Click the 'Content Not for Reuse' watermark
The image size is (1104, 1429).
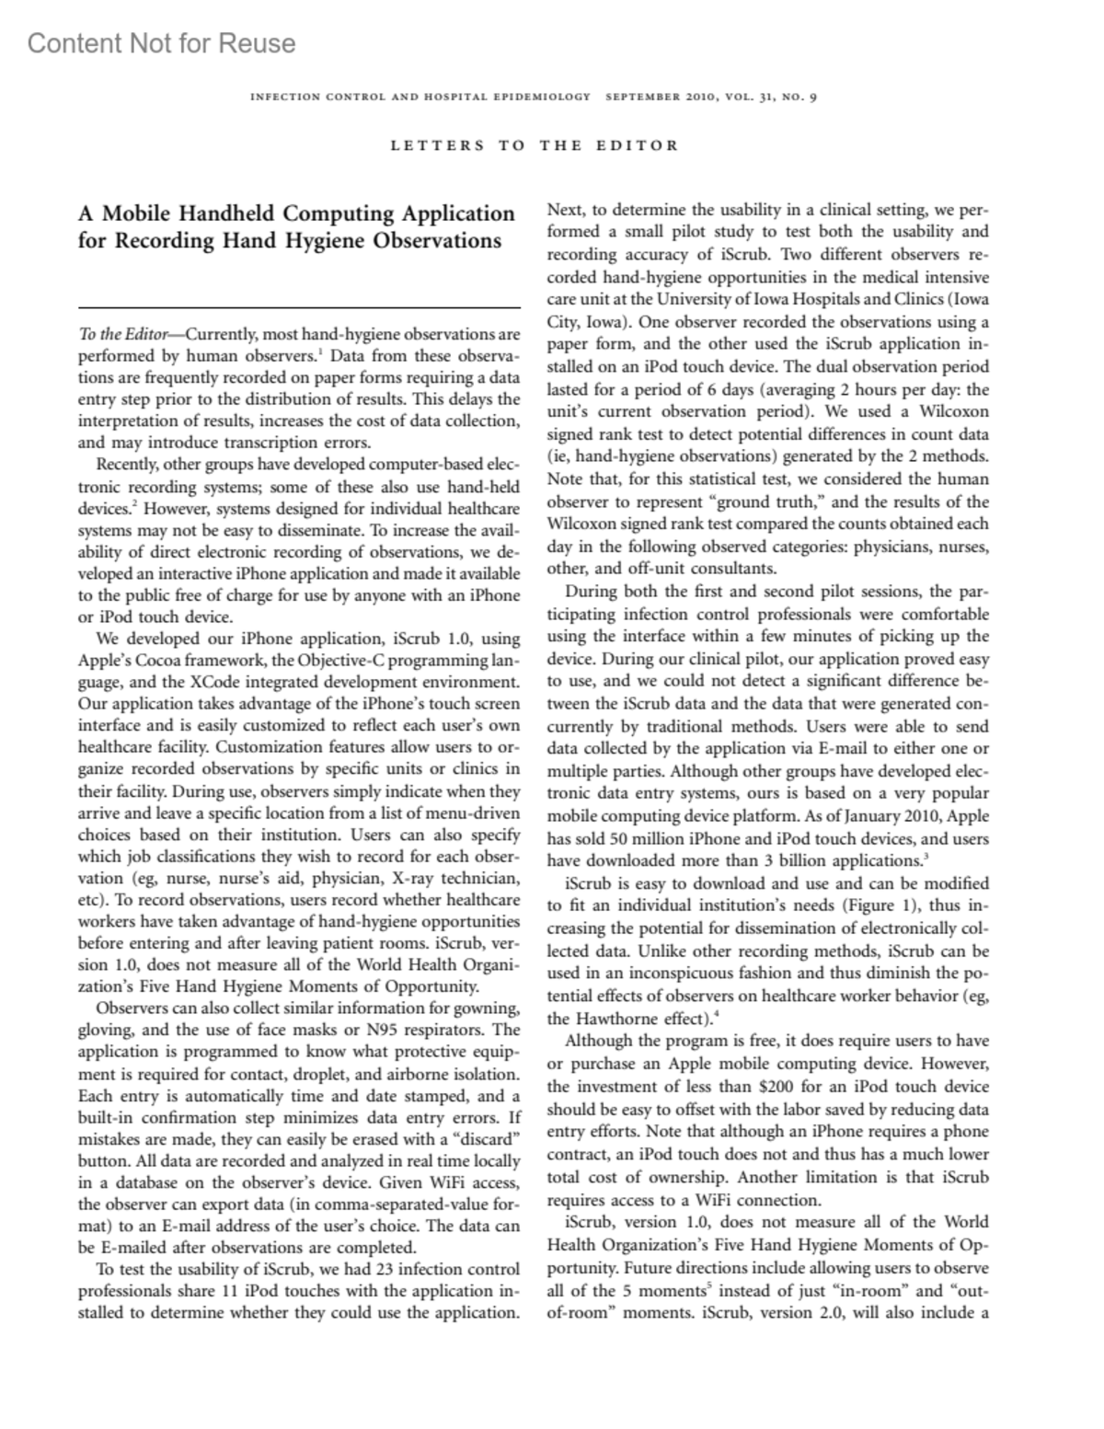pos(162,43)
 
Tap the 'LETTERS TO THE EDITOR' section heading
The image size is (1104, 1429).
pos(535,145)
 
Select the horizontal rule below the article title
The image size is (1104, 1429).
pos(299,308)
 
